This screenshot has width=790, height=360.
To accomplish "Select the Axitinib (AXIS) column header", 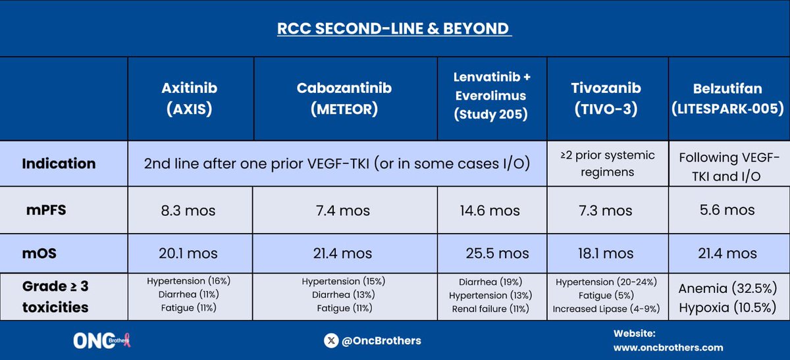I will (x=190, y=99).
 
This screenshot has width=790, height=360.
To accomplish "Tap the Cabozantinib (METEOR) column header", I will (x=345, y=99).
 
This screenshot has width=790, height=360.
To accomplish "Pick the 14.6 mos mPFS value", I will (x=491, y=211).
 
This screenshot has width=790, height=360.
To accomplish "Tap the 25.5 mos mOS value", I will (x=495, y=253).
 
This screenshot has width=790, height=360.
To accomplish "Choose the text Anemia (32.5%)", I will (x=727, y=288).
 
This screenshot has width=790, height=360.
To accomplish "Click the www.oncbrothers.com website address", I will (x=668, y=347).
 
